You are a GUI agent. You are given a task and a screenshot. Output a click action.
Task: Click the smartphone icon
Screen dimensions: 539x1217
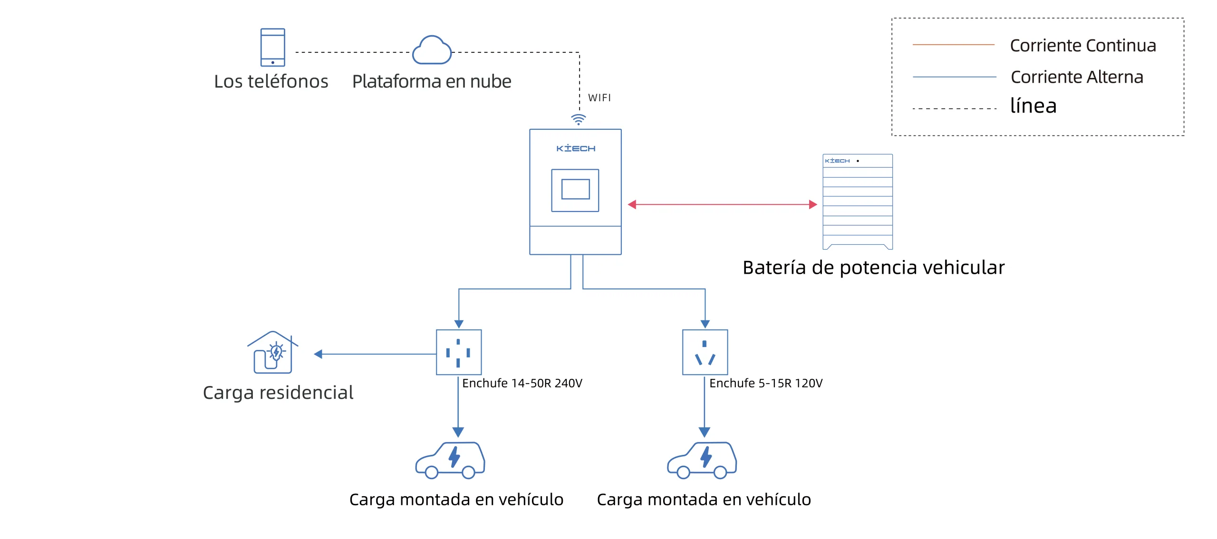[272, 47]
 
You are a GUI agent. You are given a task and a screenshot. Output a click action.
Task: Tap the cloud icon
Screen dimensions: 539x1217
[432, 51]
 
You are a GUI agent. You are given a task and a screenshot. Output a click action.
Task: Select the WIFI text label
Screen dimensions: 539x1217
[599, 98]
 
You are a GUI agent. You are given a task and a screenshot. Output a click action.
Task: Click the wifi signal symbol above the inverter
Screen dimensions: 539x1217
[578, 119]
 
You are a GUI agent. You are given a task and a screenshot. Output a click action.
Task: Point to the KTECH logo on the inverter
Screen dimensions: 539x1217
[575, 149]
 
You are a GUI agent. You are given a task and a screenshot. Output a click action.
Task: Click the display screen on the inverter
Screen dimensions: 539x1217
[575, 190]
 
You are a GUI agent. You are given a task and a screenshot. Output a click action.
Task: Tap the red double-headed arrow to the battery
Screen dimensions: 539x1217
[722, 204]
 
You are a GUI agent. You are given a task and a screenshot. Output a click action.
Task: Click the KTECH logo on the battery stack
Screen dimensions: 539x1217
[837, 161]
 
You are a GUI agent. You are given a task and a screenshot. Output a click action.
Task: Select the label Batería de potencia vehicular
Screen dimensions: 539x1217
[873, 268]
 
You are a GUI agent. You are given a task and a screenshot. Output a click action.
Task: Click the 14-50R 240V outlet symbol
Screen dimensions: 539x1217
[459, 352]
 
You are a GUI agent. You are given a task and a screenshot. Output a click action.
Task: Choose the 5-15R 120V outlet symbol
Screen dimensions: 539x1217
[705, 352]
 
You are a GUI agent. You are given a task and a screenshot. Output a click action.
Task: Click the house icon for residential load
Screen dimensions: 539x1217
[273, 352]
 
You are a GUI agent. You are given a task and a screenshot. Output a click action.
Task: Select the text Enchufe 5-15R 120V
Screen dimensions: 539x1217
[765, 384]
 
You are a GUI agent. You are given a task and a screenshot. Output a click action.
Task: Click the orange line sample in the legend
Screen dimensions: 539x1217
[953, 45]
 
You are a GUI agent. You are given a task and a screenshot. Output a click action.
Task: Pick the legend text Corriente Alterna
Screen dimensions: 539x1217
[1077, 77]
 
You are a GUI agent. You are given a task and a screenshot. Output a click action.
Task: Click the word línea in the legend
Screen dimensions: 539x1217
[1033, 106]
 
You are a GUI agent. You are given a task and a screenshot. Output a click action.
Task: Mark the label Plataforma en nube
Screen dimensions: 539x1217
[432, 82]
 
